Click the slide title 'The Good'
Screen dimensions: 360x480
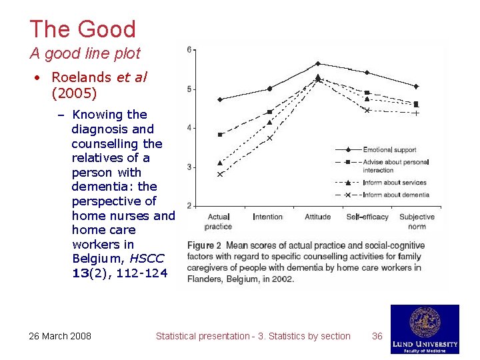coord(83,29)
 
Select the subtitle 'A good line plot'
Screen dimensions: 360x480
coord(85,53)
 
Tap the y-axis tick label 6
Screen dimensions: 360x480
coord(190,50)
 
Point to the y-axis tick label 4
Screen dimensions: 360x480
coord(190,128)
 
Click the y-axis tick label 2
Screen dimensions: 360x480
coord(190,206)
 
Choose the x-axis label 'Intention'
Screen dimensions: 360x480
coord(267,217)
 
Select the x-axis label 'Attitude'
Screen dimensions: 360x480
coord(317,217)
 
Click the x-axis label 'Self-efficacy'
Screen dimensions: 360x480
coord(367,217)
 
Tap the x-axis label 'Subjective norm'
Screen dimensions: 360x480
coord(417,221)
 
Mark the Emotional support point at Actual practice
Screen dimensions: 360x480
coord(220,99)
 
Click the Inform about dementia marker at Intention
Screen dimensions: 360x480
coord(270,139)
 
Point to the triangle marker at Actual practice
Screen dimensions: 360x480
coord(220,163)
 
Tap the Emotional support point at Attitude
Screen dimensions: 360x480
coord(318,63)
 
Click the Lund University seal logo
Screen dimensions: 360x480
coord(425,323)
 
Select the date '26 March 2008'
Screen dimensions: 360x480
coord(60,336)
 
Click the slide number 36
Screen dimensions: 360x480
coord(377,336)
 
